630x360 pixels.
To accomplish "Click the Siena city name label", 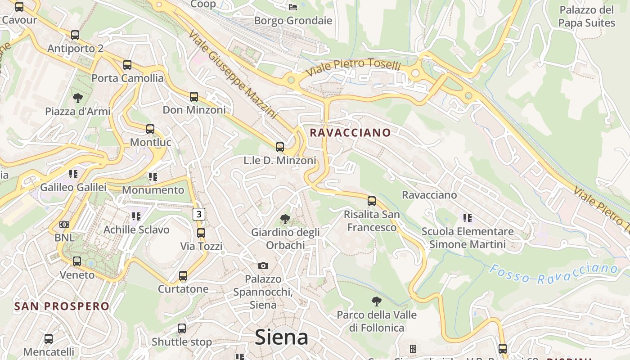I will (281, 337).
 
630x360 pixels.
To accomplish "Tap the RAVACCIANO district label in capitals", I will (350, 133).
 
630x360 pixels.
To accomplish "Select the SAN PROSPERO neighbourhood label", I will (62, 306).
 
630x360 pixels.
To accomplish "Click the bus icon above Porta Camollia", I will (127, 65).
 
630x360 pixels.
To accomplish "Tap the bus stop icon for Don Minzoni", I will (194, 97).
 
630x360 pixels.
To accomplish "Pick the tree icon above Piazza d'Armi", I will (78, 98).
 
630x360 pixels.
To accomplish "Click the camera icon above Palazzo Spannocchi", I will (263, 265).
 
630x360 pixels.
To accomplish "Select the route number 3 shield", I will (199, 214).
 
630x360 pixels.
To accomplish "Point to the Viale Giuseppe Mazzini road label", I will (232, 74).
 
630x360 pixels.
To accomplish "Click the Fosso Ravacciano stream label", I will (553, 274).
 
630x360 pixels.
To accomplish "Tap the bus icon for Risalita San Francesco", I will (372, 201).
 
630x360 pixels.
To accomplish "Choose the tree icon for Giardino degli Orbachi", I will (285, 219).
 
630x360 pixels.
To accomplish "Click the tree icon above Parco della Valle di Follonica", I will (377, 301).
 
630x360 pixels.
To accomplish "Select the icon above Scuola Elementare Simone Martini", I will (468, 218).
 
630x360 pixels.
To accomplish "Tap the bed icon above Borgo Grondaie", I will (292, 7).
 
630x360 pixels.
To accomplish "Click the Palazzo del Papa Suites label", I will (586, 16).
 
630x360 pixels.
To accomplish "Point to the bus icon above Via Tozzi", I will (201, 233).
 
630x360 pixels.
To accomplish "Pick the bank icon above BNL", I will (64, 224).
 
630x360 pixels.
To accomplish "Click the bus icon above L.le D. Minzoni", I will (280, 147).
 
